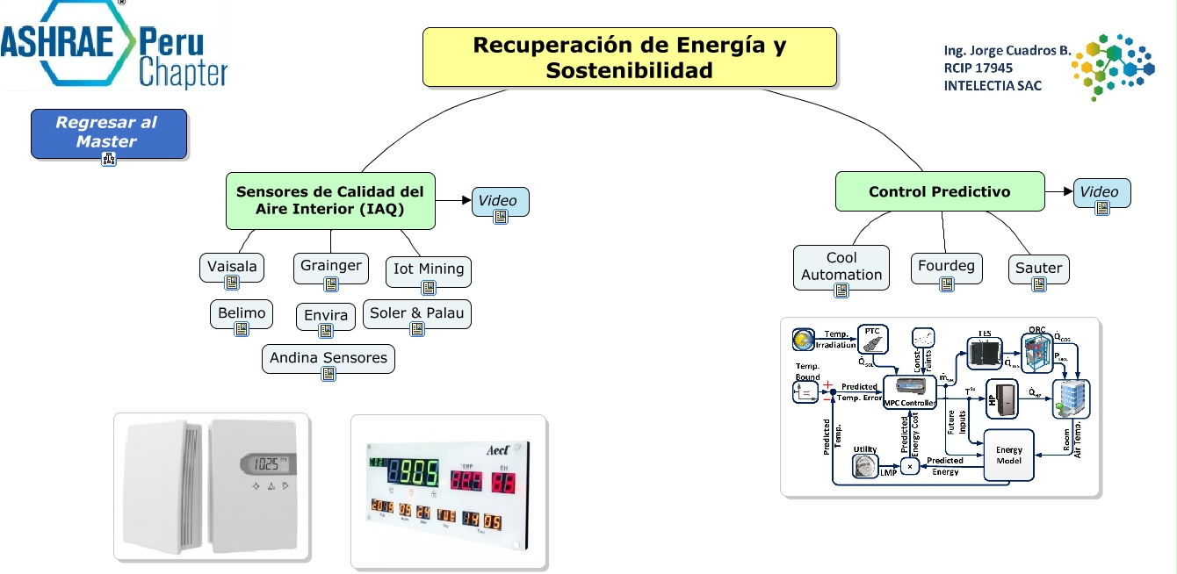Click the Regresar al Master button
point(108,133)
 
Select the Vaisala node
point(232,267)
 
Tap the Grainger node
point(330,266)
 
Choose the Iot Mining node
point(429,269)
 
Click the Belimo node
point(242,313)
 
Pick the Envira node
point(326,316)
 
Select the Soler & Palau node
point(417,313)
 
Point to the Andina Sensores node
point(329,358)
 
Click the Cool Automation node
point(841,266)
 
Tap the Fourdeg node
point(946,266)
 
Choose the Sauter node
point(1039,268)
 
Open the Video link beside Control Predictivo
point(1101,192)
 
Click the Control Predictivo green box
point(939,191)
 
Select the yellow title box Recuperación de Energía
point(629,57)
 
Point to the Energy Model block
point(1008,455)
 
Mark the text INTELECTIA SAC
point(993,86)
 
